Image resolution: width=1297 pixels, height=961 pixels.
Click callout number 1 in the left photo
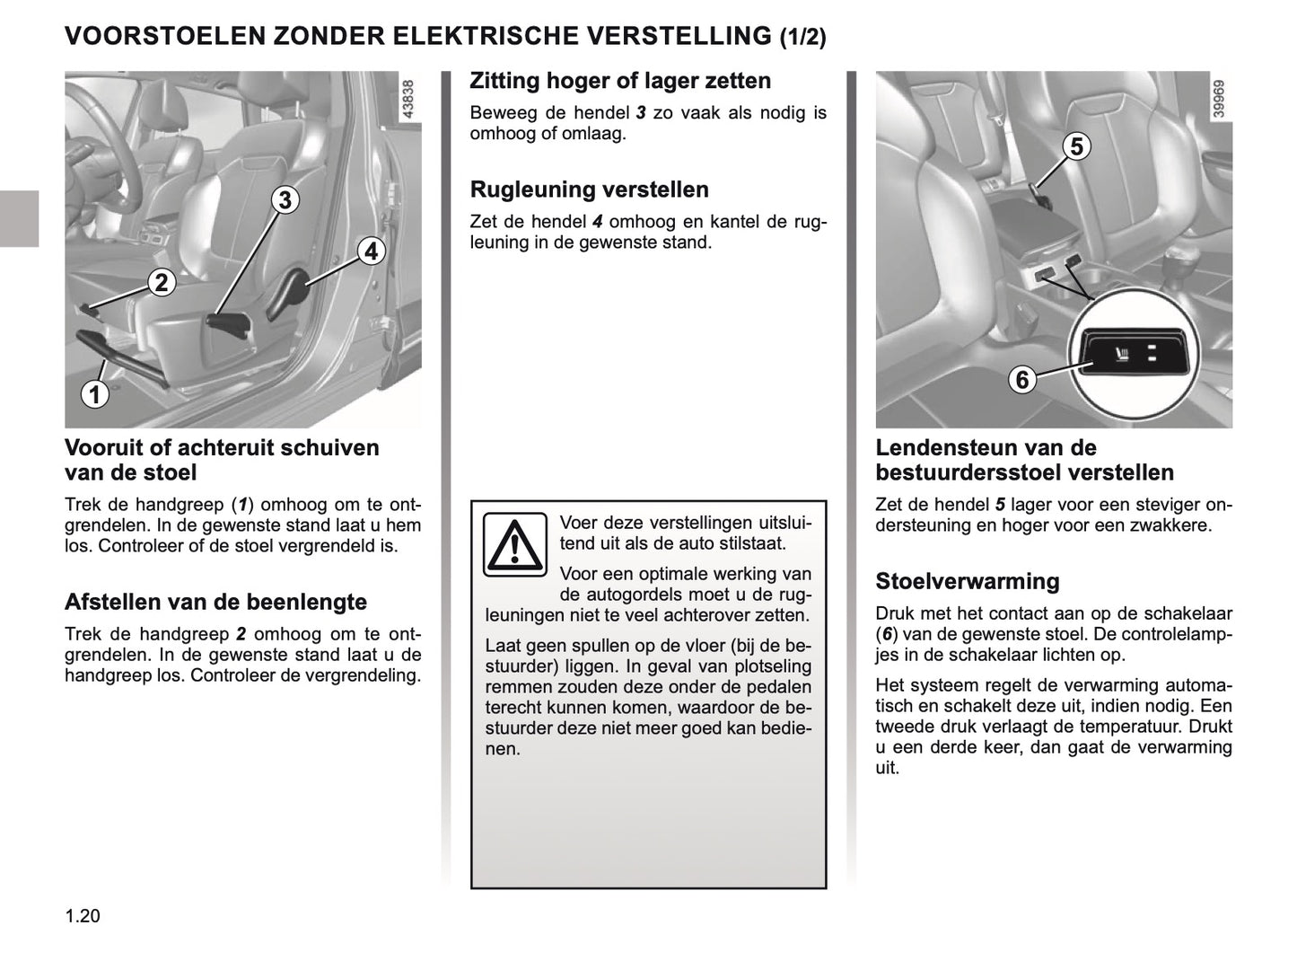[93, 393]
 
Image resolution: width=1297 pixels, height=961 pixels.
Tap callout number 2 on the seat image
[161, 283]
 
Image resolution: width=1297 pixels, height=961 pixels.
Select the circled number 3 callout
[285, 199]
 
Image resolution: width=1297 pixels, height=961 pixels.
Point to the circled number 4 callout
[371, 251]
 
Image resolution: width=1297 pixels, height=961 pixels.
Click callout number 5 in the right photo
[1076, 146]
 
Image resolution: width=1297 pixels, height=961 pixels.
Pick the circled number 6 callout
[1021, 380]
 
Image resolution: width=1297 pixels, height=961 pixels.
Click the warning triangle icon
[515, 544]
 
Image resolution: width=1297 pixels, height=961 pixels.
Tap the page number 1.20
[83, 917]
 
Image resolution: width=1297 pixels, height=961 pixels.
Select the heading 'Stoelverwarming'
[967, 581]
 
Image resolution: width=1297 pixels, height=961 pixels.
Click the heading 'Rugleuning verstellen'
[589, 190]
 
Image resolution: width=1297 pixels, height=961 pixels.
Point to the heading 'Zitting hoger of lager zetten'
[620, 81]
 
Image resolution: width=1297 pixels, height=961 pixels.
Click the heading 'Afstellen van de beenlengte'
[215, 602]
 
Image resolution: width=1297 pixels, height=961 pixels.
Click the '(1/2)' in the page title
[802, 37]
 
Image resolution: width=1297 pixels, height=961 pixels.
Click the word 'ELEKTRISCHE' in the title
[492, 36]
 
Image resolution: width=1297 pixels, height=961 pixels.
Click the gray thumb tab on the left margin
[19, 218]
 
